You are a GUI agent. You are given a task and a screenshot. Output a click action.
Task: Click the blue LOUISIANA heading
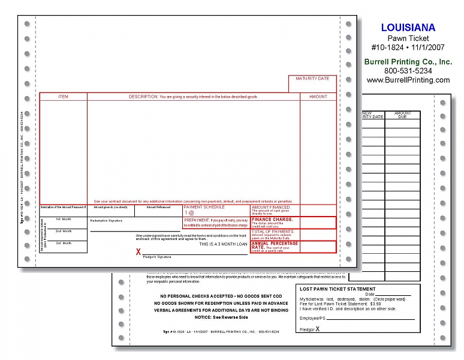408,28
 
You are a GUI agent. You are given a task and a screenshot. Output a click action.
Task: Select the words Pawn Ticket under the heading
408,38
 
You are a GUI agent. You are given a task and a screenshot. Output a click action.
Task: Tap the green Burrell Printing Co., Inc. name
408,62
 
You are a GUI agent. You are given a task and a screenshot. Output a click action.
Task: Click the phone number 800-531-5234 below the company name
408,71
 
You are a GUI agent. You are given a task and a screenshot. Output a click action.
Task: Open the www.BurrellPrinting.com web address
408,80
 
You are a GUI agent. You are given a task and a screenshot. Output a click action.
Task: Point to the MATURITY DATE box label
312,79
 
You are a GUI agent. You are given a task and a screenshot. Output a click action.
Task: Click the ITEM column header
63,96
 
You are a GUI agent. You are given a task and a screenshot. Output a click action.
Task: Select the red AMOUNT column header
318,96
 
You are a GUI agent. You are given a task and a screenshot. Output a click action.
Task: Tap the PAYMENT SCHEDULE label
204,207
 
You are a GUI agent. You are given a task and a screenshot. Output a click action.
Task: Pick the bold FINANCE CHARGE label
272,220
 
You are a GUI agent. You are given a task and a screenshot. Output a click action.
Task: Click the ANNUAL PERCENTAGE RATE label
275,245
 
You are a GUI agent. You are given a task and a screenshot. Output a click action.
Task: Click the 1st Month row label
63,219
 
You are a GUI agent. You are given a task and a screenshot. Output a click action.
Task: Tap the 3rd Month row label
63,243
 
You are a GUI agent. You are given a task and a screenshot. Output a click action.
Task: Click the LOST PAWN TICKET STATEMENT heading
339,289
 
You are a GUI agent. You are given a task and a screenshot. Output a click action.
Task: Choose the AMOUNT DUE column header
403,115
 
